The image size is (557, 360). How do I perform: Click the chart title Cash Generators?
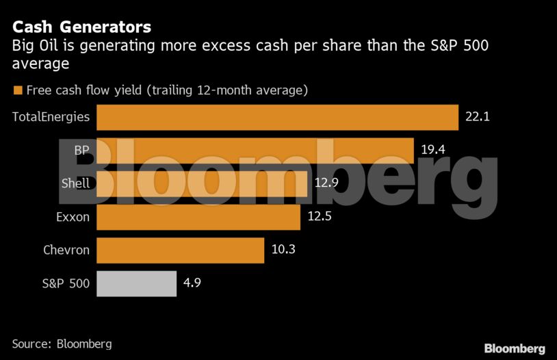(81, 28)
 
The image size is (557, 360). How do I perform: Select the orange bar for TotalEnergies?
(277, 117)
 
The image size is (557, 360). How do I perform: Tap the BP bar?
(255, 151)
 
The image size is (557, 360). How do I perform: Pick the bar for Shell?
(202, 183)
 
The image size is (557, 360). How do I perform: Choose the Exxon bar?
(198, 217)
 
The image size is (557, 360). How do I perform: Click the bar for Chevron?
(180, 250)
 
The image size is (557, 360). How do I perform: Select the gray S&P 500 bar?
(136, 283)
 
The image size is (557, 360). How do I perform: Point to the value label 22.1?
(477, 117)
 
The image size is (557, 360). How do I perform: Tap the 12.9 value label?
(326, 183)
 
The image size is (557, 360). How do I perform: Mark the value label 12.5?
(320, 217)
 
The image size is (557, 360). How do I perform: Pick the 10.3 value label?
(283, 250)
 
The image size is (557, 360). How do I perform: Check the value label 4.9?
(192, 283)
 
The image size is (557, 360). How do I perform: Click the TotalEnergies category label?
(51, 117)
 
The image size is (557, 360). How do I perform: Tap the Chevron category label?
(66, 250)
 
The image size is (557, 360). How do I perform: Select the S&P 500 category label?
(66, 283)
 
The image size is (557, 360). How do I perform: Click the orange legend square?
(17, 90)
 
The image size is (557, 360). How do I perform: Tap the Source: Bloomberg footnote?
(62, 344)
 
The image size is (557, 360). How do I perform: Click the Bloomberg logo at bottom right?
(515, 348)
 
